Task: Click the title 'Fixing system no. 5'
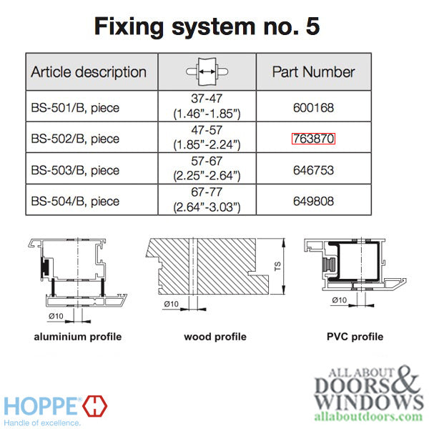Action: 207,26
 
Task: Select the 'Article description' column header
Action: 89,72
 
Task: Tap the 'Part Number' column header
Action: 313,72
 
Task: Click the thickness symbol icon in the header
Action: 207,71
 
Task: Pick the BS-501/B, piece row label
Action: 75,108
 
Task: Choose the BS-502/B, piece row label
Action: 75,139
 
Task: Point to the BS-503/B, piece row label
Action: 75,171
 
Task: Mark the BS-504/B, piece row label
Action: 75,202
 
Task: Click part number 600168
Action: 313,108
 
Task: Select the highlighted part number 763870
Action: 313,139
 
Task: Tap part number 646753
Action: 313,171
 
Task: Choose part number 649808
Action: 313,202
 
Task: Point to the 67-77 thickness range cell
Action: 207,202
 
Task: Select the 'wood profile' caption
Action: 214,337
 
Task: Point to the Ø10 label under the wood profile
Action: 171,304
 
